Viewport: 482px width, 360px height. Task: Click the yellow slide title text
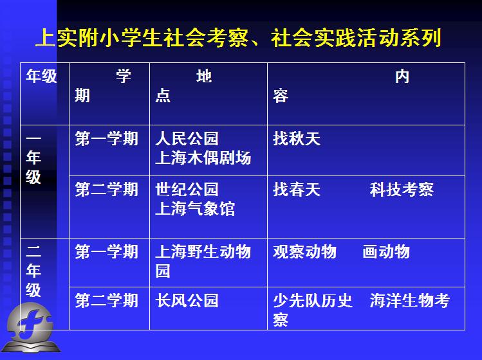(x=239, y=38)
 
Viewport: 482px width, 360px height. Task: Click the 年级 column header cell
(x=44, y=94)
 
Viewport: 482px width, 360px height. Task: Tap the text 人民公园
(x=187, y=138)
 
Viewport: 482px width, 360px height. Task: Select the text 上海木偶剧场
(x=203, y=158)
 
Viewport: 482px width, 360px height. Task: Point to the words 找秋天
(x=297, y=138)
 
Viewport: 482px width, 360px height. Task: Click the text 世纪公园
(x=187, y=189)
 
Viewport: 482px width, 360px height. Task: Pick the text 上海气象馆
(x=195, y=209)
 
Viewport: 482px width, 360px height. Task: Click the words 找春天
(x=297, y=189)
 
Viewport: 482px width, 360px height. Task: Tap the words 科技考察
(x=402, y=189)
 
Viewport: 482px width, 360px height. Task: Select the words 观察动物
(x=304, y=252)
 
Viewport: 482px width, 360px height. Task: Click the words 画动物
(x=386, y=252)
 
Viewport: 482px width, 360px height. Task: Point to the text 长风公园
(x=187, y=300)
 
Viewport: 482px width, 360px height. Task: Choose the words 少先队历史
(x=313, y=300)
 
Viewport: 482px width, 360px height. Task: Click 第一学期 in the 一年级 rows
(x=106, y=138)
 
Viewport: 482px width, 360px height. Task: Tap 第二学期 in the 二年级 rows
(x=106, y=300)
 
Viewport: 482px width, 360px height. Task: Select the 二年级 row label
(x=33, y=271)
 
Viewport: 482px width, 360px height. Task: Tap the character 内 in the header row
(x=402, y=76)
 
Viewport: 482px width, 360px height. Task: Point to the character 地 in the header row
(x=204, y=76)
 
